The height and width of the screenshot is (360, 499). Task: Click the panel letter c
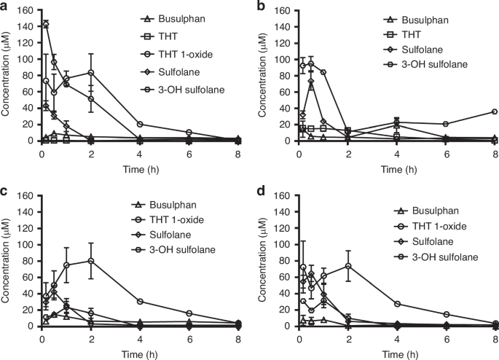pos(5,190)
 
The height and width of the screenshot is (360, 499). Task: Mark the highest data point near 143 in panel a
pos(47,24)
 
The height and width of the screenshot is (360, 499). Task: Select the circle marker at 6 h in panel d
pos(445,314)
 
